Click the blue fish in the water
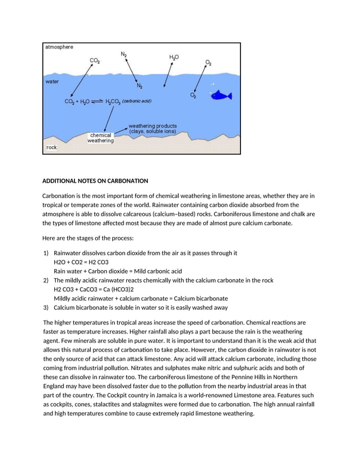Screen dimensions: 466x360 (221, 95)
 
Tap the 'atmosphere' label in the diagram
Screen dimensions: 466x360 (59, 47)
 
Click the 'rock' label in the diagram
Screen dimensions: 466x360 (52, 147)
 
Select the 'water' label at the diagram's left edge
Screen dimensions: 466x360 (52, 81)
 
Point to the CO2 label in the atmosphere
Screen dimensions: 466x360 (96, 60)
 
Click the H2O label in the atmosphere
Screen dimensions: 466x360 (174, 58)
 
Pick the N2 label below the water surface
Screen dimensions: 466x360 (139, 86)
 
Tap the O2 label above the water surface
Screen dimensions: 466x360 (209, 63)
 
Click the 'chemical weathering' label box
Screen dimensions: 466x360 (100, 138)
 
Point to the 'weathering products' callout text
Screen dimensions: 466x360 (152, 128)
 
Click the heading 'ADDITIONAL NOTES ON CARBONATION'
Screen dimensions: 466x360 (95, 181)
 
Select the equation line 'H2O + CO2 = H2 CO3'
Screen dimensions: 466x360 (81, 262)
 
